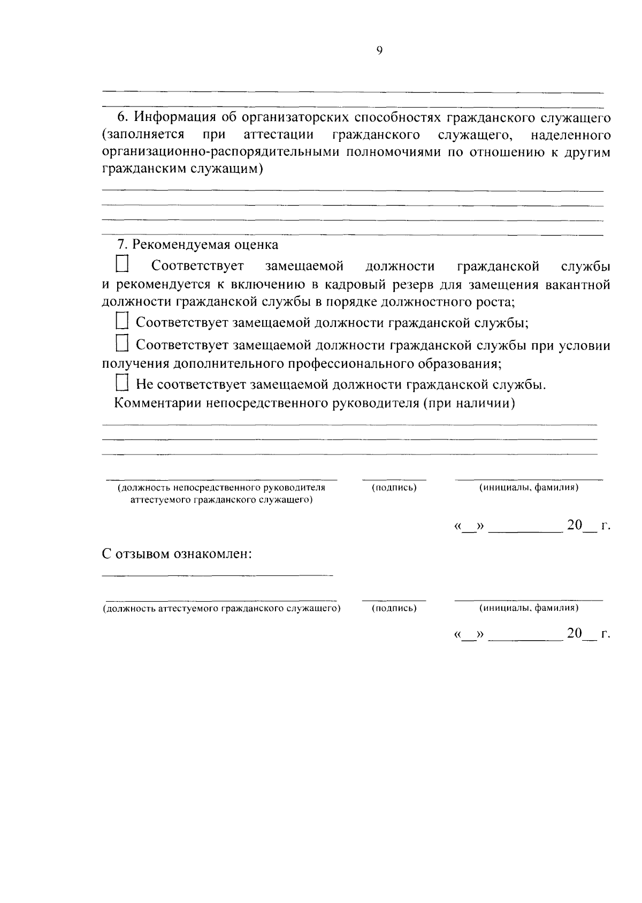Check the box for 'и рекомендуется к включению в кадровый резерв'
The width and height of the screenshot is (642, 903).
point(123,265)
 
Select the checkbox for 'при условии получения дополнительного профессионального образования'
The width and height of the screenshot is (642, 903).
point(122,344)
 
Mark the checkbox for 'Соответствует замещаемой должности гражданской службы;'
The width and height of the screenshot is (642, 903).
point(122,322)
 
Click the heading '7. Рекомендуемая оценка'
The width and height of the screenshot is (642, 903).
point(198,245)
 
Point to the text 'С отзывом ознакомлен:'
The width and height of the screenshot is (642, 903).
point(177,553)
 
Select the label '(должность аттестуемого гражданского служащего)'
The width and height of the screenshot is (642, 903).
point(221,609)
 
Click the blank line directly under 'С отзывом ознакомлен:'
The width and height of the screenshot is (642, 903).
point(217,575)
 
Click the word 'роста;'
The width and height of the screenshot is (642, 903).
point(494,302)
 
